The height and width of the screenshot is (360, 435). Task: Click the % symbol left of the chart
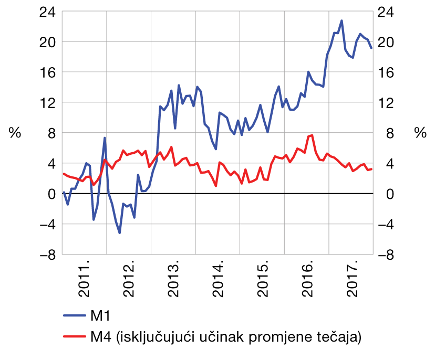pos(15,133)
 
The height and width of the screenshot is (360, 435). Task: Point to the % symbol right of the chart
pos(420,133)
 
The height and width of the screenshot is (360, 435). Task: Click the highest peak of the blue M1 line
pos(341,20)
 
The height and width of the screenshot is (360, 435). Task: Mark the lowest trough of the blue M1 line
pos(120,233)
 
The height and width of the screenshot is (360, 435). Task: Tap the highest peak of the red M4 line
pos(312,135)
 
